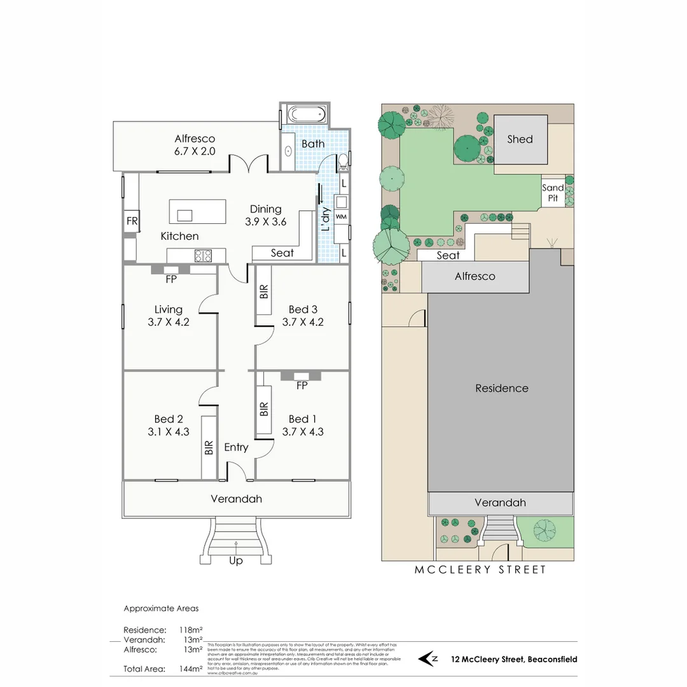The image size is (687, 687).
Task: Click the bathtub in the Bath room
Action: click(306, 116)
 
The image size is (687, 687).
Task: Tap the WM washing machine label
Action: click(341, 217)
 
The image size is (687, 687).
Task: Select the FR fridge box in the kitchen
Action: click(132, 221)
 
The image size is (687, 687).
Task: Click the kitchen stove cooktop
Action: click(203, 256)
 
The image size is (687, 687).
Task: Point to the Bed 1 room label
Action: click(302, 419)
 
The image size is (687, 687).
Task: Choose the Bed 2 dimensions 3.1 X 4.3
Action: click(169, 431)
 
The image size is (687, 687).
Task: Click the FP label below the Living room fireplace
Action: click(170, 279)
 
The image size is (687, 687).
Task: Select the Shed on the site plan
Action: click(520, 139)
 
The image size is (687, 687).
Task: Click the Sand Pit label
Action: click(553, 193)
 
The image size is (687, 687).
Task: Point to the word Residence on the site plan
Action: click(501, 388)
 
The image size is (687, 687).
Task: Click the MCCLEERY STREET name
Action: click(480, 570)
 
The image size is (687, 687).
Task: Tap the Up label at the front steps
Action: click(235, 560)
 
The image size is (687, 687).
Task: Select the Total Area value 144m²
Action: click(191, 669)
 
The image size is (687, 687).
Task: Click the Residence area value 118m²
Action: click(191, 630)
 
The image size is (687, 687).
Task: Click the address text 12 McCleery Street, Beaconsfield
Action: click(514, 660)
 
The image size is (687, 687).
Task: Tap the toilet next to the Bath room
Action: click(343, 162)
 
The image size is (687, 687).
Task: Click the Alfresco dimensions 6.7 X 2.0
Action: click(195, 151)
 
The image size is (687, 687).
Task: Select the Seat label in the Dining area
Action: click(282, 253)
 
